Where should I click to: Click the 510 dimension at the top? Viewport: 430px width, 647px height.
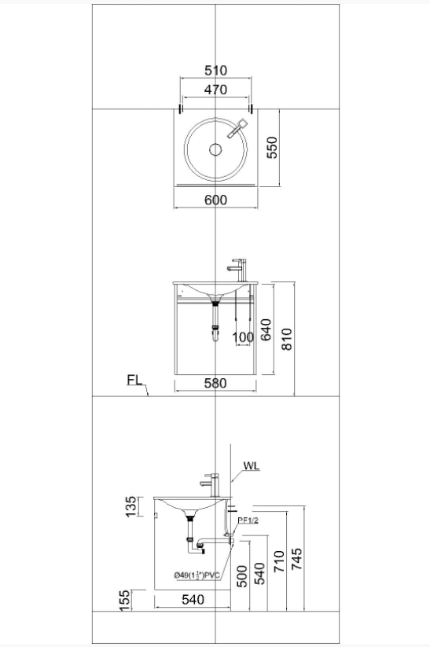[x=216, y=71]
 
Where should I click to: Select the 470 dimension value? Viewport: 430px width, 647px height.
[x=216, y=90]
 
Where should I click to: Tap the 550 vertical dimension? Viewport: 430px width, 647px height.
[x=272, y=148]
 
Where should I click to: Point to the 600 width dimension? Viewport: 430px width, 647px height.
[x=216, y=200]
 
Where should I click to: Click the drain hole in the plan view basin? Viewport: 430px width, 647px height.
[x=215, y=149]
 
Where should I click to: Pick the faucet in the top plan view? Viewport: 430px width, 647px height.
[x=237, y=128]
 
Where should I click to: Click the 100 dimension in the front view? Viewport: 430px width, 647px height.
[x=243, y=337]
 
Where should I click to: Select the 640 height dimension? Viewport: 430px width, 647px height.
[x=266, y=329]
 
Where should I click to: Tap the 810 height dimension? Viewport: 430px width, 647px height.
[x=286, y=339]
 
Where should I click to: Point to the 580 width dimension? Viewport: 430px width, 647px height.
[x=215, y=384]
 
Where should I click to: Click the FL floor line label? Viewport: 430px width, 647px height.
[x=134, y=380]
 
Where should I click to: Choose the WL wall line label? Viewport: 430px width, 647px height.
[x=252, y=466]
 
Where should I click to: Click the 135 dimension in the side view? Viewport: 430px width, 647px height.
[x=130, y=506]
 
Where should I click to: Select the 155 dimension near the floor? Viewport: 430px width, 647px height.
[x=124, y=601]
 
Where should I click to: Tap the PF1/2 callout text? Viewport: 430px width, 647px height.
[x=248, y=520]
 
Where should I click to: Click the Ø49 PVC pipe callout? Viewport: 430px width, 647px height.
[x=197, y=575]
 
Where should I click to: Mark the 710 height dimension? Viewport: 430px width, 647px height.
[x=279, y=561]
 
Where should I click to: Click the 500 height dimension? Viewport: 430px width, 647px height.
[x=242, y=576]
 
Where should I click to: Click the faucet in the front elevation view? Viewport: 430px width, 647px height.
[x=237, y=270]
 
